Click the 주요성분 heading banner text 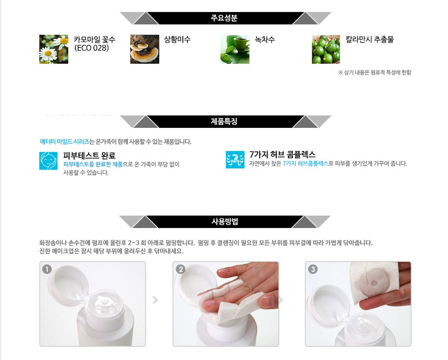click(x=224, y=18)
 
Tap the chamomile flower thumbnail click(x=54, y=49)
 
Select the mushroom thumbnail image click(x=144, y=49)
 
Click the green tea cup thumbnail click(x=235, y=49)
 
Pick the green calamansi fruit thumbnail click(x=326, y=49)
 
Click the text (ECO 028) click(x=91, y=48)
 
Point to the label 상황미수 click(x=177, y=39)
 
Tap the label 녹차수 click(x=265, y=39)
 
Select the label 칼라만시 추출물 click(x=370, y=39)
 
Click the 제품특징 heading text click(x=224, y=121)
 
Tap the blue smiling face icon click(x=48, y=161)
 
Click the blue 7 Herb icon click(x=235, y=160)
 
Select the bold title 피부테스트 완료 click(x=89, y=156)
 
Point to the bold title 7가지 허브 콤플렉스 click(x=282, y=154)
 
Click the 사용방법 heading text click(x=225, y=221)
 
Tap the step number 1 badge click(x=47, y=269)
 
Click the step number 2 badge click(x=180, y=269)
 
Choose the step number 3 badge click(x=313, y=269)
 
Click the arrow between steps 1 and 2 click(x=155, y=300)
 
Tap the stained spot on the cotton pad click(x=374, y=283)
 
